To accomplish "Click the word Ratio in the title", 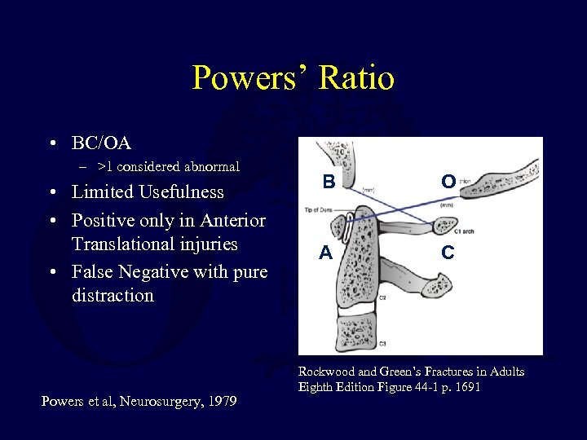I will pyautogui.click(x=358, y=78).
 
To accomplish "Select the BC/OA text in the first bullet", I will pyautogui.click(x=101, y=143).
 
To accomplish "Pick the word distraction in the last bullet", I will pyautogui.click(x=113, y=295).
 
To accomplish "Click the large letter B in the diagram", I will pyautogui.click(x=328, y=183).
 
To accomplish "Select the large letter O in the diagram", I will pyautogui.click(x=448, y=182).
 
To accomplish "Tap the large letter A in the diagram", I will pyautogui.click(x=326, y=253).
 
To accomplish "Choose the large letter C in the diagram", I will pyautogui.click(x=448, y=253).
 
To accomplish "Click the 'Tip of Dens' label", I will pyautogui.click(x=318, y=210).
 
